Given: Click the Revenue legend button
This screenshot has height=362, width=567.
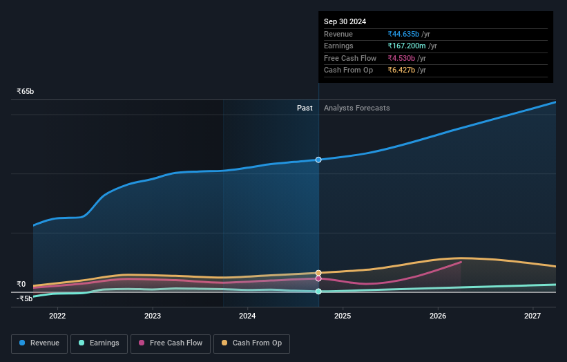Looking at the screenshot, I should coord(39,343).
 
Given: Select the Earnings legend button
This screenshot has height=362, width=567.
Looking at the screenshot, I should coord(98,343).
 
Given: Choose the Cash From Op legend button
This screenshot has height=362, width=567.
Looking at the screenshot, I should coord(252,343).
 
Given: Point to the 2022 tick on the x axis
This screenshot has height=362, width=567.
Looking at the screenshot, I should coord(57,316).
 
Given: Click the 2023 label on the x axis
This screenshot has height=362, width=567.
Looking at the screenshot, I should coord(153,316).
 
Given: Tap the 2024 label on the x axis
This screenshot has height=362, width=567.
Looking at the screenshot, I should coord(247,316).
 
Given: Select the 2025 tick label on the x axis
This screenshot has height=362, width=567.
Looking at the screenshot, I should coord(343,316).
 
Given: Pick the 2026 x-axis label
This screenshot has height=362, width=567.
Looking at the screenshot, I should coord(438,316).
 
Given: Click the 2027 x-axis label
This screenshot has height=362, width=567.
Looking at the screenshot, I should coord(532,316).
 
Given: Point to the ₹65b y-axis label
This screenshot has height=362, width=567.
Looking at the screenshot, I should coord(26,91).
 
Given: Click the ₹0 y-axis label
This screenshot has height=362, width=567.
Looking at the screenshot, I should coord(21,284).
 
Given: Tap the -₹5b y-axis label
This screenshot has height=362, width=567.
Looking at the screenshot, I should coord(25,298).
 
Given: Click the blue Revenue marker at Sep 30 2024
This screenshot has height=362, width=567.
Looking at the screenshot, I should coord(318,160).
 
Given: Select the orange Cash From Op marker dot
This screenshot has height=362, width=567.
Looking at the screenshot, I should coord(318,273).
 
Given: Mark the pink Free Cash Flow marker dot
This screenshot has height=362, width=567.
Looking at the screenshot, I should coord(318,278).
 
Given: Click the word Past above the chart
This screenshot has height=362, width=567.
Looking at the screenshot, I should coord(305,108).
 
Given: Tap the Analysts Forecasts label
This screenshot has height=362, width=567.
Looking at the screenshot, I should coord(356,108).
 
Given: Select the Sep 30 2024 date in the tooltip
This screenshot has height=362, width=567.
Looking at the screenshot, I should coord(345,21).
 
